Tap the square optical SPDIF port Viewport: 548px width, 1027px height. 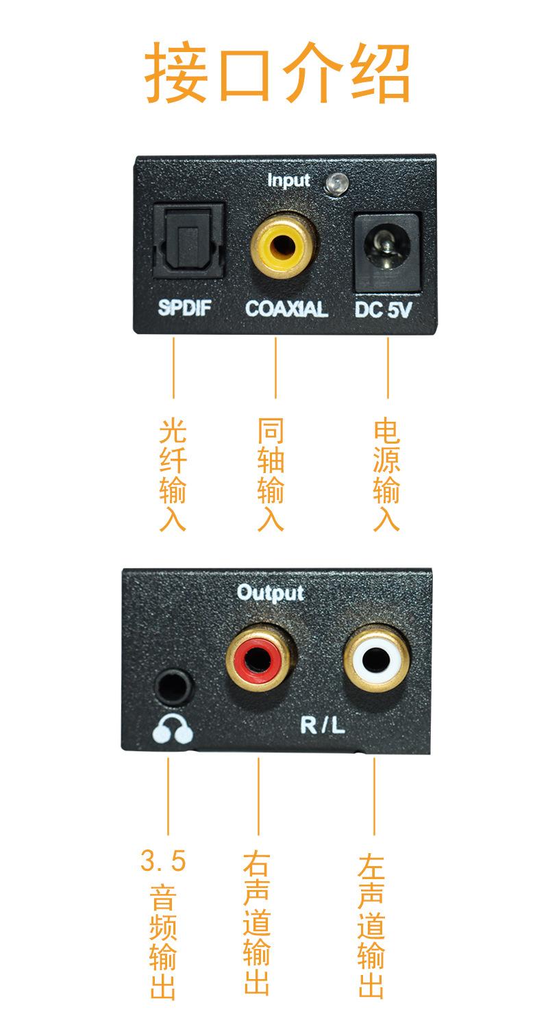187,241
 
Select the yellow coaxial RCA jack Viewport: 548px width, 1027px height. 284,246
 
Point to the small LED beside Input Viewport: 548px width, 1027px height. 337,182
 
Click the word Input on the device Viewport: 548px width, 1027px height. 288,181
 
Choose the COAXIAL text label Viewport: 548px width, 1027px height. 286,309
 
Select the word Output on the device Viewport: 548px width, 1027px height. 270,592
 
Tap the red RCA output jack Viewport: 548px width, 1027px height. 261,660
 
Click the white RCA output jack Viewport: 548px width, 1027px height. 377,660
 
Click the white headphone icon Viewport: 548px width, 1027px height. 173,731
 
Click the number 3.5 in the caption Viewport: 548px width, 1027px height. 163,861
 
